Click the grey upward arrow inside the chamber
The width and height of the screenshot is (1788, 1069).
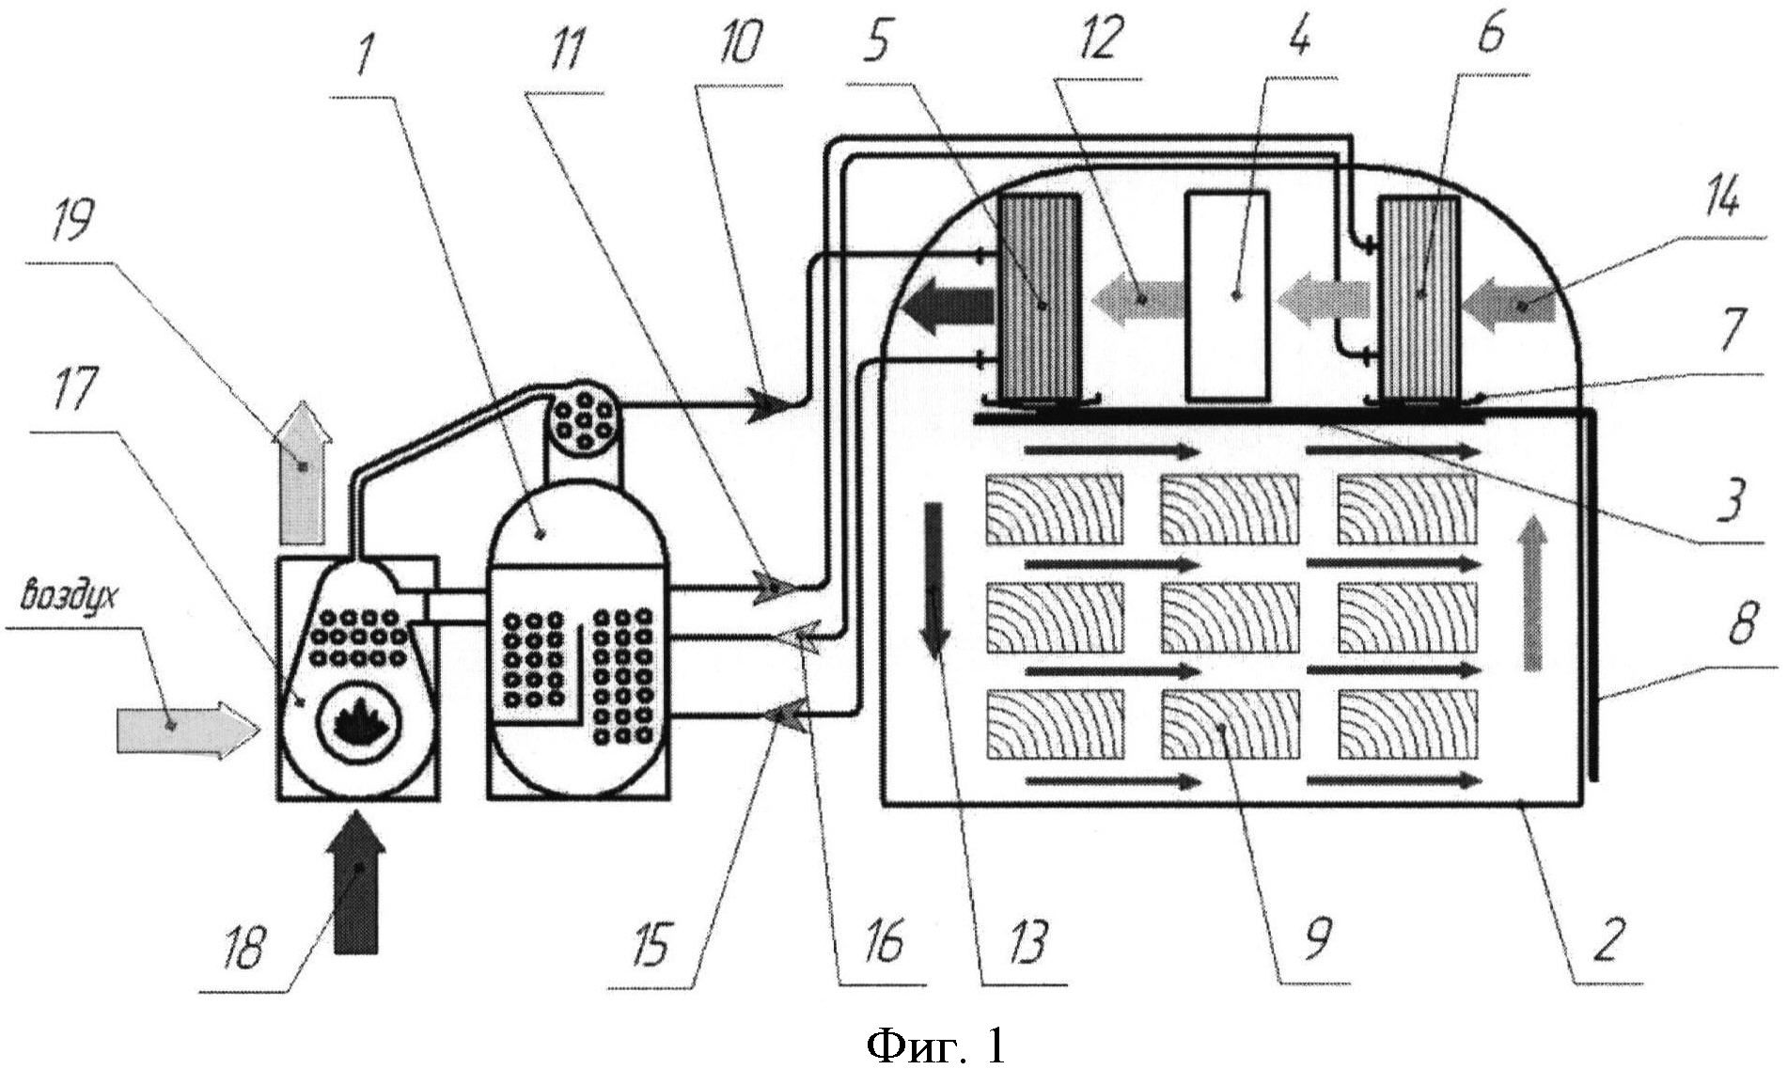1531,592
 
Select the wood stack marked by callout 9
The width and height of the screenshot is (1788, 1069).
1231,724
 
